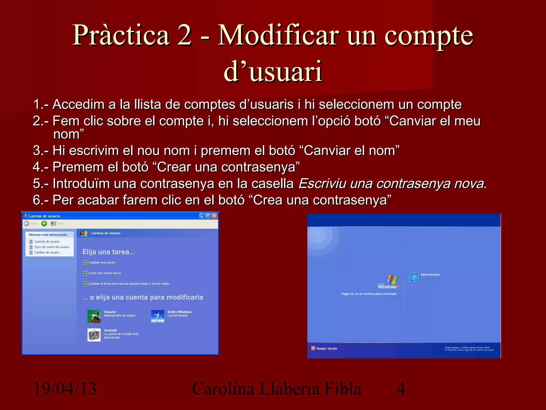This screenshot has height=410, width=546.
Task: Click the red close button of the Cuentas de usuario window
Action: pos(215,216)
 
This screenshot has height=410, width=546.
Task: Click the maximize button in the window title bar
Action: pos(208,216)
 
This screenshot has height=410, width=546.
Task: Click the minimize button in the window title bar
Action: pos(202,216)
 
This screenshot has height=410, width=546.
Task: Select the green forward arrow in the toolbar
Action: pos(44,223)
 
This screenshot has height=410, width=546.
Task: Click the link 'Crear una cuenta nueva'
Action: pos(105,273)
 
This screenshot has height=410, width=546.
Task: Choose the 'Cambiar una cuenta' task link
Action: pos(102,262)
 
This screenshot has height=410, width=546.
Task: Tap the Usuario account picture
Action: pos(94,316)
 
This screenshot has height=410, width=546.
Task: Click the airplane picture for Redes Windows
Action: pos(158,316)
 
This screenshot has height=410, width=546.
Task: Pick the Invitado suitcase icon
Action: pos(94,335)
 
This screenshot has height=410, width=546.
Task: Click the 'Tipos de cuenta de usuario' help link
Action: pos(51,247)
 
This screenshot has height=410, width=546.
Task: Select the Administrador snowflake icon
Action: pos(414,277)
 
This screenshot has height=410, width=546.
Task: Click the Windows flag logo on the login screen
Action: pos(392,280)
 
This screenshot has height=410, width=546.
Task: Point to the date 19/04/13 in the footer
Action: pos(65,389)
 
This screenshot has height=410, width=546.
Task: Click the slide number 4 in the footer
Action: pos(401,389)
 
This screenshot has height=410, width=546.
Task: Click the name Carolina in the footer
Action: pos(223,389)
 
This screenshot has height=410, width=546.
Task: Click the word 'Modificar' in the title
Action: pos(278,35)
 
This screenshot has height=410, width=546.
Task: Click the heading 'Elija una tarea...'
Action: pos(109,252)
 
